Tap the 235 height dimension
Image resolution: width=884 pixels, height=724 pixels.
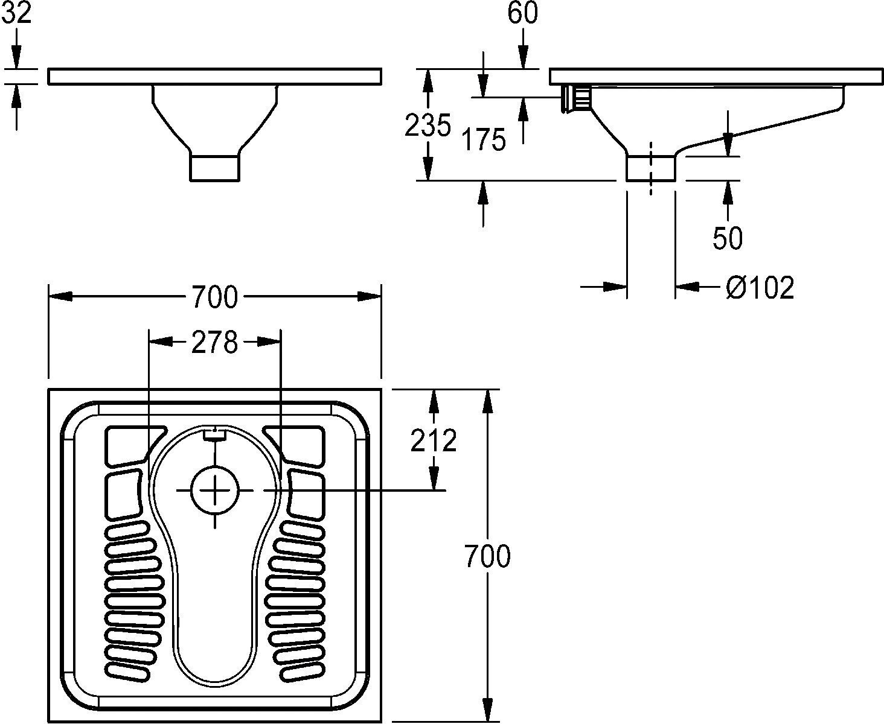tap(428, 125)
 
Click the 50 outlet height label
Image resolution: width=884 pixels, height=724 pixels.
tap(728, 239)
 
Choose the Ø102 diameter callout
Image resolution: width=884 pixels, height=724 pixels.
tap(760, 288)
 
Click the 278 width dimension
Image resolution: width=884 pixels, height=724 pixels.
tap(214, 342)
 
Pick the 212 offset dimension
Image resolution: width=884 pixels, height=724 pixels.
tap(433, 440)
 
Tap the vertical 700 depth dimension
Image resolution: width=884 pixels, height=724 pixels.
tap(487, 556)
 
